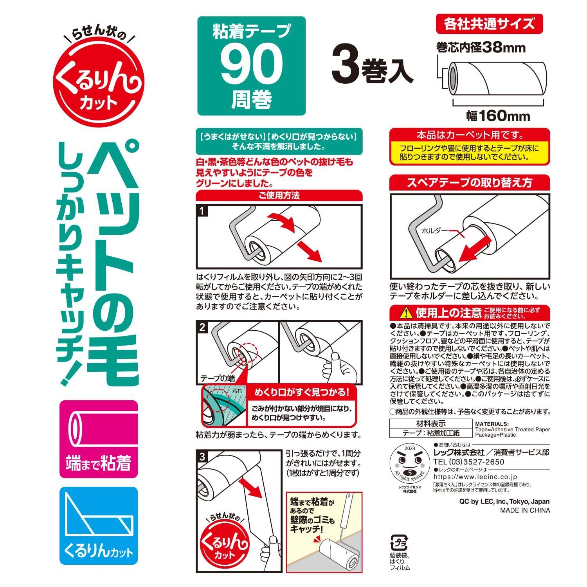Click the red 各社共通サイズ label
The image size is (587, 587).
coord(489,24)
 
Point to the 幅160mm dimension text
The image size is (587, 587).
coord(498,116)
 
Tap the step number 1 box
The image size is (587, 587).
coord(202,212)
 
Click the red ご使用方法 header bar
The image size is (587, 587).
coord(279,195)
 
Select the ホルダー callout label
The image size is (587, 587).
coord(434,230)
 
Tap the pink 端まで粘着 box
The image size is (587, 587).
coord(99,439)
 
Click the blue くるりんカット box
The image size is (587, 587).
coord(99,526)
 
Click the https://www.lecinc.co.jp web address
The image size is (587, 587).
coord(475,477)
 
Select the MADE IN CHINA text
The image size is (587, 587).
coord(525,510)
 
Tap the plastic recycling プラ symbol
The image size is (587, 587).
coord(398,543)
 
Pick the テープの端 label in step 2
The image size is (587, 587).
coord(218,378)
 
